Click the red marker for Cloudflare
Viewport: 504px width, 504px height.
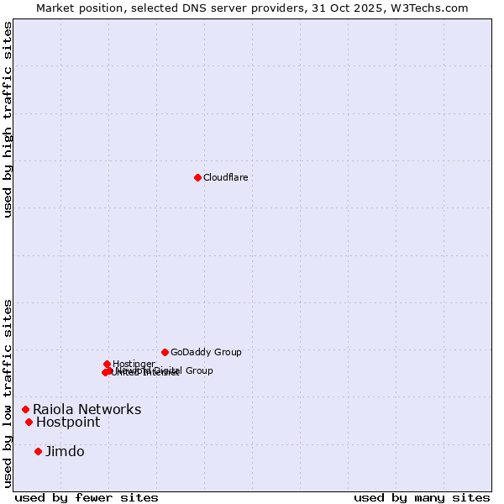pos(197,177)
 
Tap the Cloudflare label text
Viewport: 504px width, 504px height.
pos(225,177)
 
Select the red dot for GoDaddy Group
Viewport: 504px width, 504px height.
pos(165,352)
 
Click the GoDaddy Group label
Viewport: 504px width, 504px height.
pos(206,353)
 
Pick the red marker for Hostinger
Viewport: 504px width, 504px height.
pos(108,364)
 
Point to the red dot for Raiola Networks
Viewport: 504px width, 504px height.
pos(25,409)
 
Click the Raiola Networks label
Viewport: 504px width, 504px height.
pos(87,410)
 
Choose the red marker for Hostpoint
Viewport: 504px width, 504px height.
pos(29,422)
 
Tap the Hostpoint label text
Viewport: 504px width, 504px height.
pos(67,423)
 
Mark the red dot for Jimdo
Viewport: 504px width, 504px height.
pos(38,451)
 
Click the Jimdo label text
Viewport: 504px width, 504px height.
pos(65,452)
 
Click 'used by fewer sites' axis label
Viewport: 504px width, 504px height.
pos(87,497)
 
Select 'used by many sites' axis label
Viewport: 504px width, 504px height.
pos(422,497)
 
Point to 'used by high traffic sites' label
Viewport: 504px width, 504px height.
pos(8,119)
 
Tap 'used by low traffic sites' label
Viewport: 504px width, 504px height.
pos(8,392)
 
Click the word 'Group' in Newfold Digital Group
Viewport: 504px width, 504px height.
pos(198,370)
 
